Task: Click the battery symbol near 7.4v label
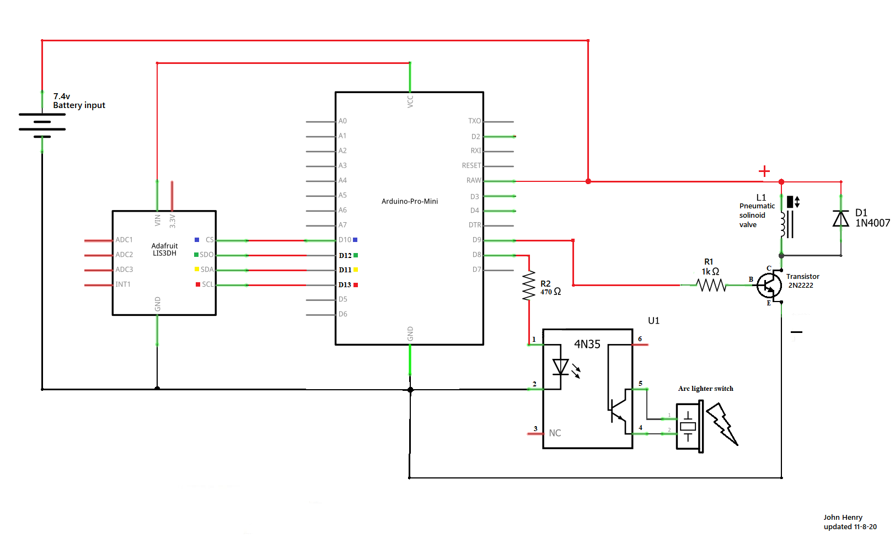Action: (42, 125)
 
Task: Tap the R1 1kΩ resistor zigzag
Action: (711, 285)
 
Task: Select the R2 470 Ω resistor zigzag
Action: (529, 285)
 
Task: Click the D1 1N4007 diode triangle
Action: (841, 219)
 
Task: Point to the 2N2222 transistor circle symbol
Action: (769, 285)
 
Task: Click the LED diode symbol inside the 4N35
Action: (561, 367)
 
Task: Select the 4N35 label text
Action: (587, 345)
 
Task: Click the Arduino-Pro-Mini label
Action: (410, 201)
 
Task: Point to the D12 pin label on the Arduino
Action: (345, 255)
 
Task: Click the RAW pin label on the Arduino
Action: (473, 180)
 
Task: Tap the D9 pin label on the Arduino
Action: (476, 240)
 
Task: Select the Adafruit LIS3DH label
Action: (164, 249)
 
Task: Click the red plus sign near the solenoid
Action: (764, 171)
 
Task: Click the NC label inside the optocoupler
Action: (555, 433)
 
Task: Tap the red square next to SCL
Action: (198, 284)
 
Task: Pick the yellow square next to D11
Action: (356, 270)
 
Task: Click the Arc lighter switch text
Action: (705, 389)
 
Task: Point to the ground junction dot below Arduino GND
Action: (410, 390)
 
